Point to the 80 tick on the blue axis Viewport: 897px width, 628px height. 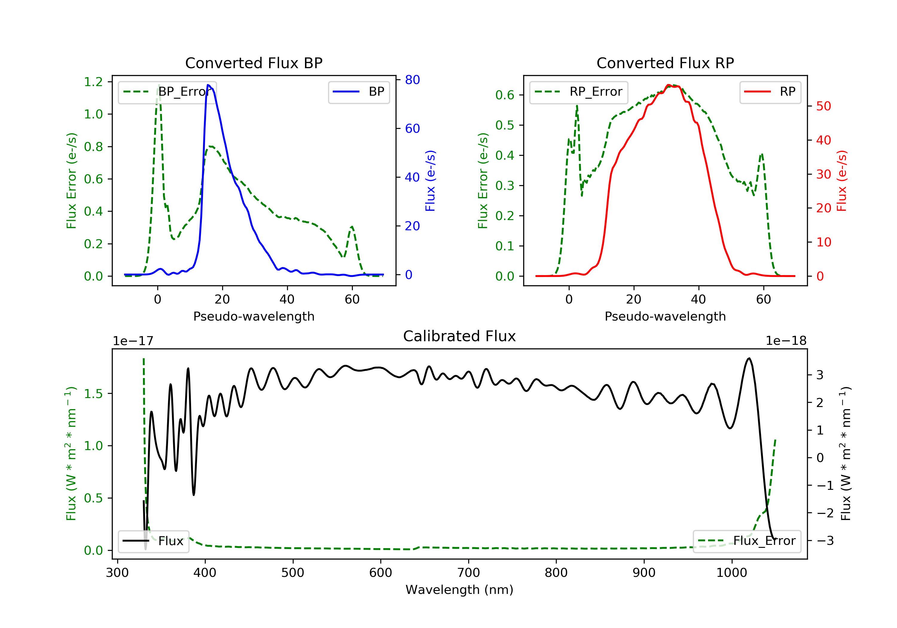tap(412, 80)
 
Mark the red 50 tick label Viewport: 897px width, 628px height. tap(823, 106)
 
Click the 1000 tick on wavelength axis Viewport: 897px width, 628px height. tap(731, 573)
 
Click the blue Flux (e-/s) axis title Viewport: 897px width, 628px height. tap(430, 181)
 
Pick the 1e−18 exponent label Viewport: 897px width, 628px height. tap(786, 341)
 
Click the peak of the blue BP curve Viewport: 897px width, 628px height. tap(208, 85)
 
